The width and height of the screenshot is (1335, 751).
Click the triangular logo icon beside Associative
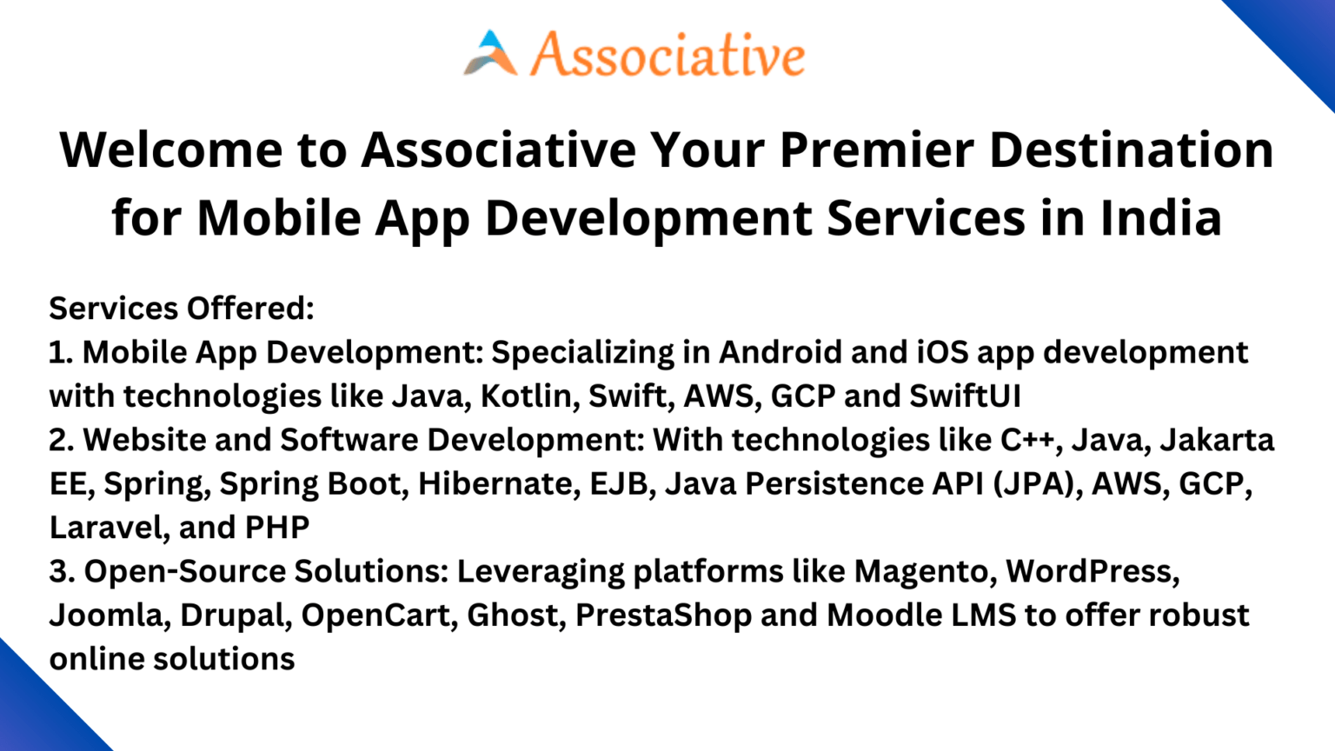click(490, 54)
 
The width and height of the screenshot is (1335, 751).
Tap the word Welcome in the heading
click(170, 150)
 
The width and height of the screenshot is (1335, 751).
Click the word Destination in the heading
click(1131, 150)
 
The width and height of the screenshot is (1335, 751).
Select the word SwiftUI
click(965, 396)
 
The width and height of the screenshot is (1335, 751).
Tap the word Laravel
click(105, 528)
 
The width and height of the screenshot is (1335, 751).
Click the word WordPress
click(1092, 571)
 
